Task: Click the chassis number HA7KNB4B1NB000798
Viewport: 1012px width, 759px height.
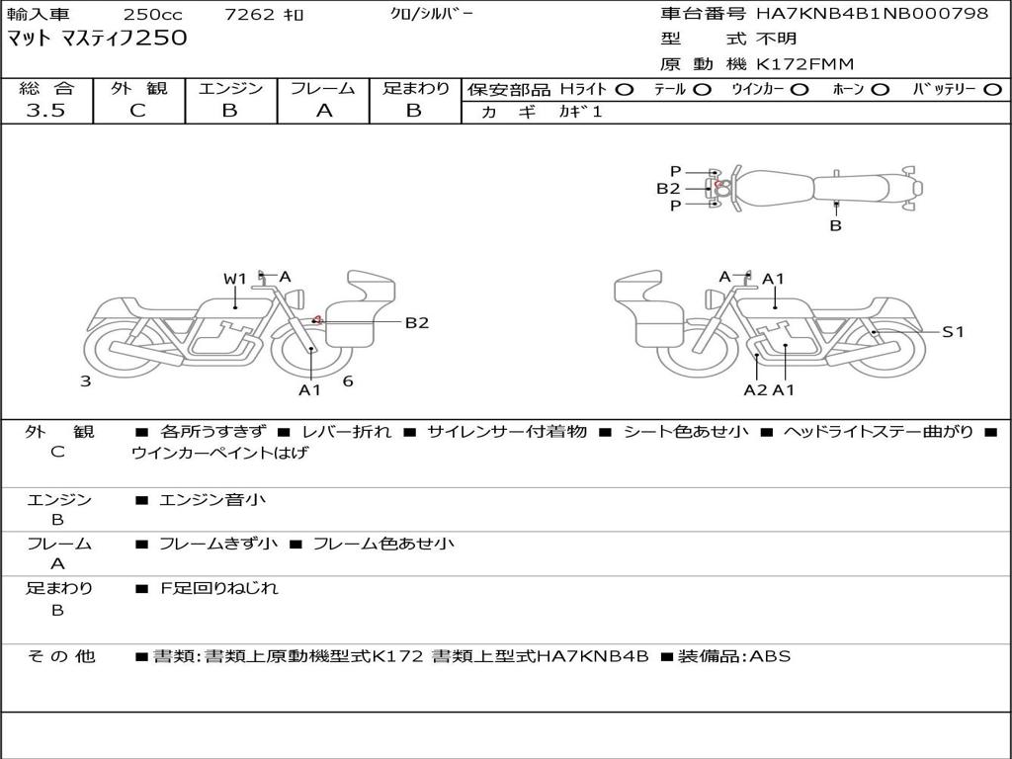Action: click(872, 13)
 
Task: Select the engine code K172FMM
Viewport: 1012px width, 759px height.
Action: click(804, 64)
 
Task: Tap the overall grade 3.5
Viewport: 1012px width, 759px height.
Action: click(45, 111)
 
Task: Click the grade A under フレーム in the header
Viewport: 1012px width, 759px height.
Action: click(324, 111)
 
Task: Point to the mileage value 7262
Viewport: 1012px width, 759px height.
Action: click(249, 14)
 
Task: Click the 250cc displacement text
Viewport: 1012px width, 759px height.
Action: click(153, 14)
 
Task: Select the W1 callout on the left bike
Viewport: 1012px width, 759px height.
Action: click(235, 279)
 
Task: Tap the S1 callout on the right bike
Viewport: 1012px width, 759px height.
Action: click(953, 332)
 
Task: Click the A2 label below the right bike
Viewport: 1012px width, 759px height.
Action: click(755, 389)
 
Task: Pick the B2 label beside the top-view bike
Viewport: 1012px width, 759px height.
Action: click(668, 189)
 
